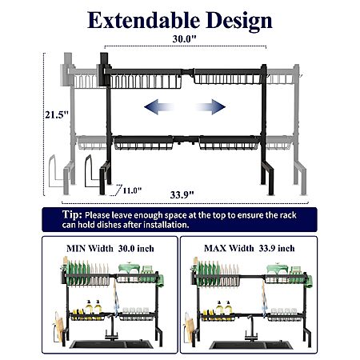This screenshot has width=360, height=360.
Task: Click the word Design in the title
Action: (x=239, y=22)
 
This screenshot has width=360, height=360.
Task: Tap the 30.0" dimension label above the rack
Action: (x=184, y=39)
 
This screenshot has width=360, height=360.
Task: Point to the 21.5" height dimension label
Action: (x=57, y=115)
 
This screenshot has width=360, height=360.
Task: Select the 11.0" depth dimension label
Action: (x=132, y=190)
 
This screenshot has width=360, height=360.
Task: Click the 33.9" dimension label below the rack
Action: (x=182, y=195)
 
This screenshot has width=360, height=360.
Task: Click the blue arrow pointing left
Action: (x=159, y=107)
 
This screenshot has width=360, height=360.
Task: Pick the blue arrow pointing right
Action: (x=210, y=107)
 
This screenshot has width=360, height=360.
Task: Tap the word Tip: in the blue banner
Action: (x=72, y=214)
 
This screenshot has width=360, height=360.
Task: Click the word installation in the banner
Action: (x=166, y=225)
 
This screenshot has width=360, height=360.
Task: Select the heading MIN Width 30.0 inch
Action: (x=110, y=249)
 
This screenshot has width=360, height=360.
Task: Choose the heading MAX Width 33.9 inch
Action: (x=250, y=248)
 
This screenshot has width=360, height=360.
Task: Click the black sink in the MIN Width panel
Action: (x=111, y=344)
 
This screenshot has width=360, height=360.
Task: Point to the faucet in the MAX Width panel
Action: (x=251, y=329)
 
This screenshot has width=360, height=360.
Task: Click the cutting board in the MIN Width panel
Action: (x=60, y=326)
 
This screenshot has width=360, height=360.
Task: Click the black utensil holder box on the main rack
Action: (x=104, y=70)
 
